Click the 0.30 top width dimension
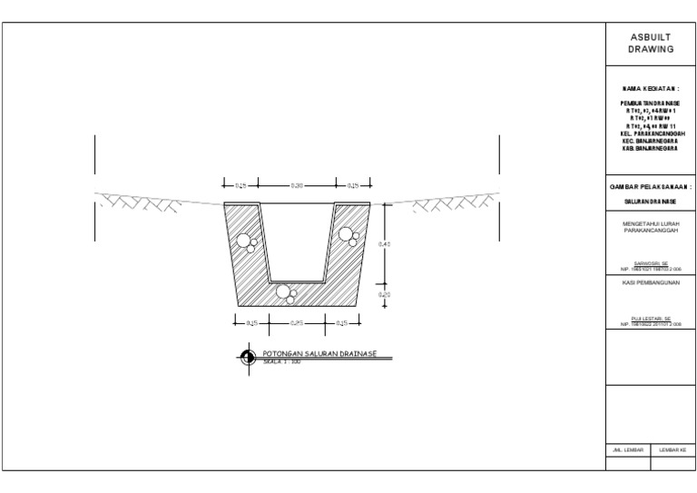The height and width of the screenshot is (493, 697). tap(297, 185)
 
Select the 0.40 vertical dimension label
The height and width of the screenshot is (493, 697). tap(384, 244)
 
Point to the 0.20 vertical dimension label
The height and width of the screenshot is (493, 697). tap(384, 294)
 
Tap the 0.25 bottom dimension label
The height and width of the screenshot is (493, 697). tap(297, 322)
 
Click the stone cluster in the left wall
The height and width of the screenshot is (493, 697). tap(245, 242)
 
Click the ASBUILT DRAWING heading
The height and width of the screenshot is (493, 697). tap(651, 44)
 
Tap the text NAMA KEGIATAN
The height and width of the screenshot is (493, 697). tap(651, 89)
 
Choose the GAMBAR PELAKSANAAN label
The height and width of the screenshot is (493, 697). tap(651, 185)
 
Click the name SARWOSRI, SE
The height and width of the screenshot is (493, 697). tap(651, 264)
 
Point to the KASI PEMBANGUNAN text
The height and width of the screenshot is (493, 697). tap(651, 282)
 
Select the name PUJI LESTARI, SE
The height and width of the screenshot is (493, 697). tap(651, 319)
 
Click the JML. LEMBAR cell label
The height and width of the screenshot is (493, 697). tap(627, 449)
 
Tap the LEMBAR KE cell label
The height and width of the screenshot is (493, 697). tap(672, 449)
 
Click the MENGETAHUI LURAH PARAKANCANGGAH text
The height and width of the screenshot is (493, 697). tap(651, 226)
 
